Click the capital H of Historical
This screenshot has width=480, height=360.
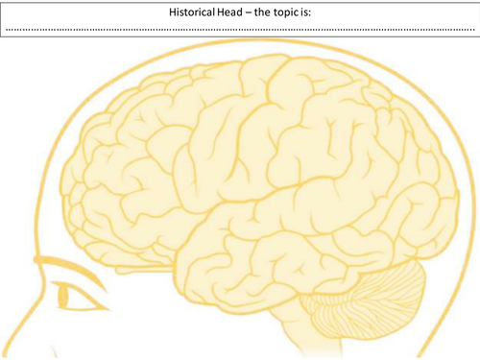pos(172,12)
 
